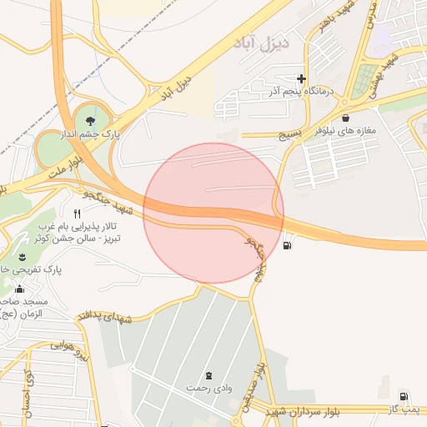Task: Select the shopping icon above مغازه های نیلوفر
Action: coord(345,118)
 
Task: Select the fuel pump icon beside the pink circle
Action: coord(288,245)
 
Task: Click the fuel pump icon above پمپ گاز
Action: coord(404,396)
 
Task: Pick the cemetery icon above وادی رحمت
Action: coord(208,374)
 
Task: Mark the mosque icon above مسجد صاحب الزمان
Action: coord(18,289)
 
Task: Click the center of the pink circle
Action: coord(213,213)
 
